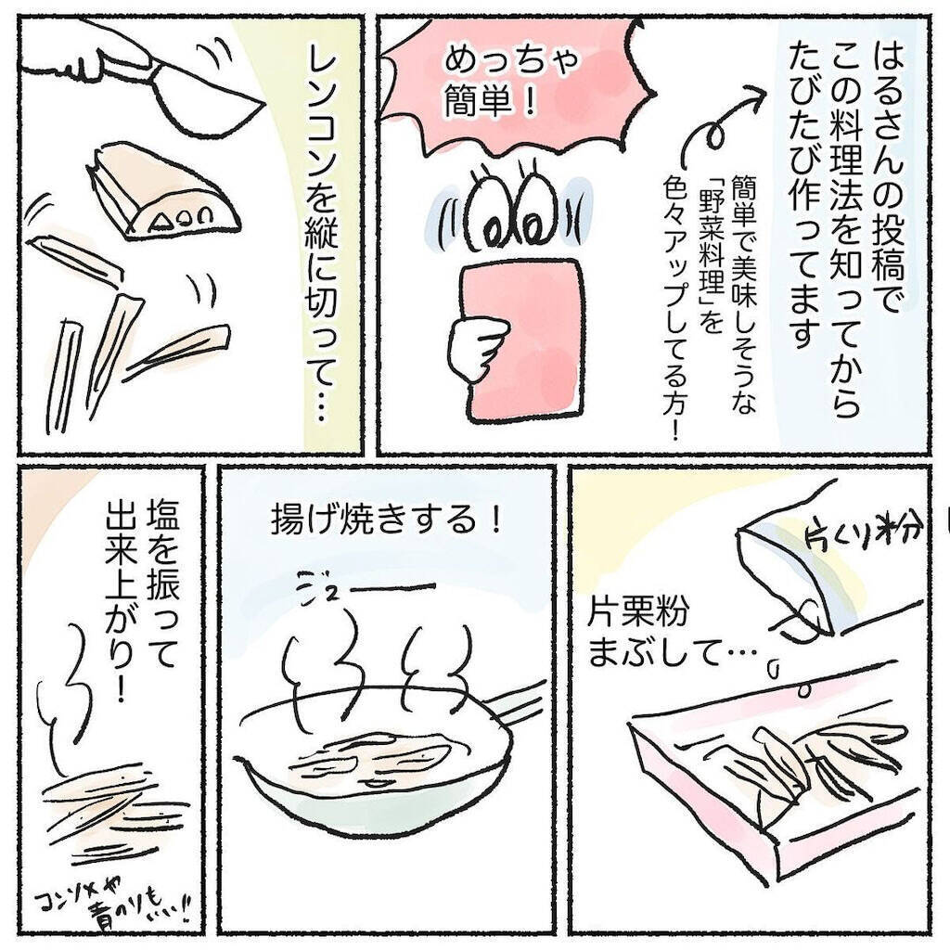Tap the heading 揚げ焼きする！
387,520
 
